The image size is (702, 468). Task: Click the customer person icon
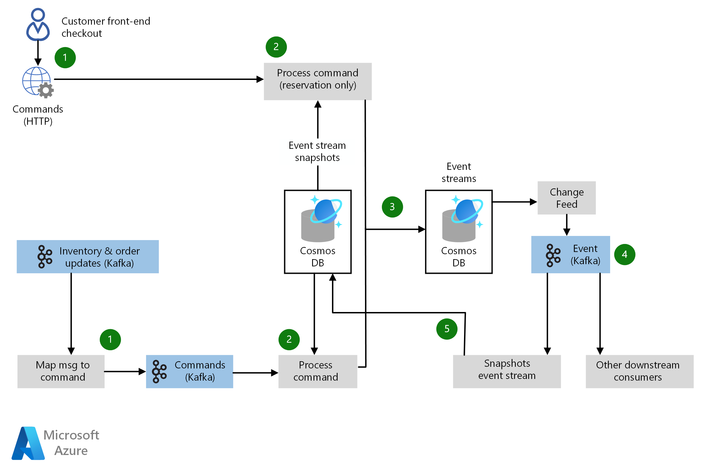[x=38, y=24]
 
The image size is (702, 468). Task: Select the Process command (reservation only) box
[x=317, y=81]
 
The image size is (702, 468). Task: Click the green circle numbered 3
[x=392, y=207]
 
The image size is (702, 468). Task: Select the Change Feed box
[x=566, y=197]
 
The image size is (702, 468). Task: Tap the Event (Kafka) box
[x=570, y=254]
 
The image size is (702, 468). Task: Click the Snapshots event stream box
[x=506, y=371]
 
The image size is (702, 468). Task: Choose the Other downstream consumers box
[x=639, y=371]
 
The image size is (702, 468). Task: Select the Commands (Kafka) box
[x=189, y=371]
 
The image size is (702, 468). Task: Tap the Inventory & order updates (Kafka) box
[x=87, y=256]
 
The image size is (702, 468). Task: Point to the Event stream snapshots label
[x=317, y=151]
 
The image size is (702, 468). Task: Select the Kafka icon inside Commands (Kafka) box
[x=159, y=371]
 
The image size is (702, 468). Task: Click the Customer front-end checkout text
[x=105, y=27]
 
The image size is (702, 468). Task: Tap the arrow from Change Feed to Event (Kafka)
[x=566, y=225]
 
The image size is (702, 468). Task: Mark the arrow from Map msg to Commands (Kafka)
[x=125, y=371]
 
